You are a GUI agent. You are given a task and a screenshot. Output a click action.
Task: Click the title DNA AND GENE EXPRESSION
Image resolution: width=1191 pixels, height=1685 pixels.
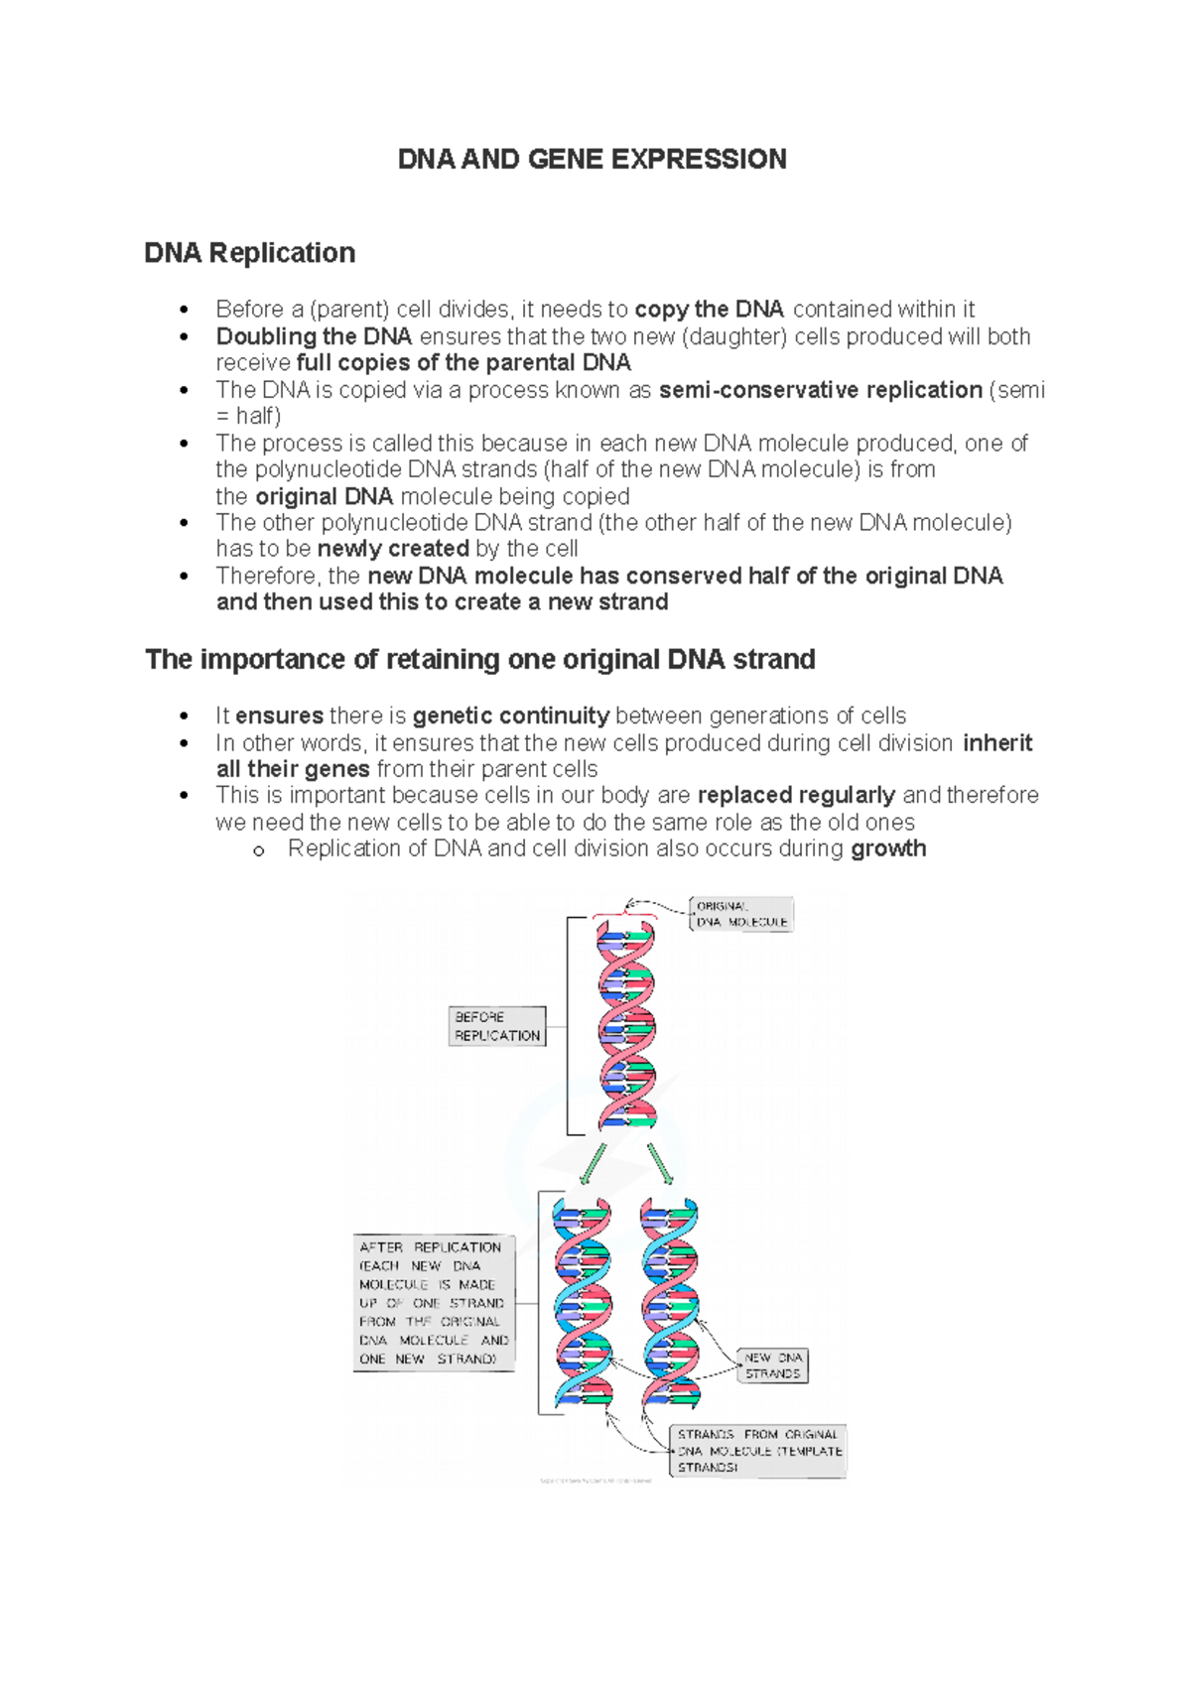592,160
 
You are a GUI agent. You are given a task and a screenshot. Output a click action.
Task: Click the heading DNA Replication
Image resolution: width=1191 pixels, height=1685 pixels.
249,253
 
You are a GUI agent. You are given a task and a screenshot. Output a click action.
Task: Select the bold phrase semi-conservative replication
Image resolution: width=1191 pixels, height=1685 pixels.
820,390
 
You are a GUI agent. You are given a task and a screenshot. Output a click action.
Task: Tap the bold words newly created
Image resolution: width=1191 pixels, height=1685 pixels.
393,549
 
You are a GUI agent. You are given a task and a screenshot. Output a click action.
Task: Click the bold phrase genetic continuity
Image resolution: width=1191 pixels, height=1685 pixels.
511,715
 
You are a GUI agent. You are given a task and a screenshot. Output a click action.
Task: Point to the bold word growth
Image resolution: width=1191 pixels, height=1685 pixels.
888,848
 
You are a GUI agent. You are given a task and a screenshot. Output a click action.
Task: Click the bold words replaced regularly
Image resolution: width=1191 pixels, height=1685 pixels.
796,795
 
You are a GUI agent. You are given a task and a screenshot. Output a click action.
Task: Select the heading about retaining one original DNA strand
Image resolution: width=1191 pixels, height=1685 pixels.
479,660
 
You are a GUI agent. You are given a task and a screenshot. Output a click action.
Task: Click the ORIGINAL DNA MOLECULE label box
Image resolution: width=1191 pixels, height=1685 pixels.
741,914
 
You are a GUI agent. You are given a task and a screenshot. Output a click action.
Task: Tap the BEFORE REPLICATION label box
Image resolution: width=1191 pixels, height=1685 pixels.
497,1026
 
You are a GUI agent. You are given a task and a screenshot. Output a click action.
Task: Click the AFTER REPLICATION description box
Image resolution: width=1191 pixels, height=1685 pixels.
434,1303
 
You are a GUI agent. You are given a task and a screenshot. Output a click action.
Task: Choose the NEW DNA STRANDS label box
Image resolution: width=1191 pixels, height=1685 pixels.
773,1365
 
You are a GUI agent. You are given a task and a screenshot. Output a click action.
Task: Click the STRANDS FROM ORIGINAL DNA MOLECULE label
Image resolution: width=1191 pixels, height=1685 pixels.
758,1451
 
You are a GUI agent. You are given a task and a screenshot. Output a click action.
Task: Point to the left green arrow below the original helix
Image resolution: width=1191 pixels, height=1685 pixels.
593,1163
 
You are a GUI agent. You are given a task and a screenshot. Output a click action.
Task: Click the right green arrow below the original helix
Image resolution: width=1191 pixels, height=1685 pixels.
660,1163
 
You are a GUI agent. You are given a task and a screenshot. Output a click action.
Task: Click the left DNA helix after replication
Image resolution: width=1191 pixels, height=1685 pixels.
583,1303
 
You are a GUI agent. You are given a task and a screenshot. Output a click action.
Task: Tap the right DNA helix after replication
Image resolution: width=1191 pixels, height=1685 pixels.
670,1303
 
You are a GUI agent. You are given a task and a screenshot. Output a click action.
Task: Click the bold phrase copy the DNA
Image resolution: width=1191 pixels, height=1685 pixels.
709,310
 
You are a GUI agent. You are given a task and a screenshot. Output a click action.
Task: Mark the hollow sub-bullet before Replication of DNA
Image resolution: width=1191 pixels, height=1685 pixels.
259,850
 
